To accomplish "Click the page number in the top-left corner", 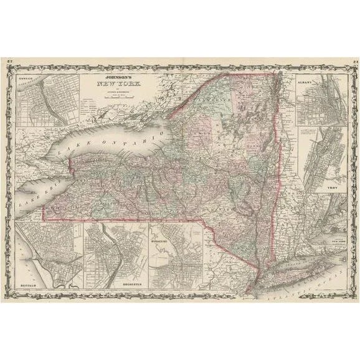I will tap(8, 60).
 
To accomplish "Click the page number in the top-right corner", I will tap(353, 60).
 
